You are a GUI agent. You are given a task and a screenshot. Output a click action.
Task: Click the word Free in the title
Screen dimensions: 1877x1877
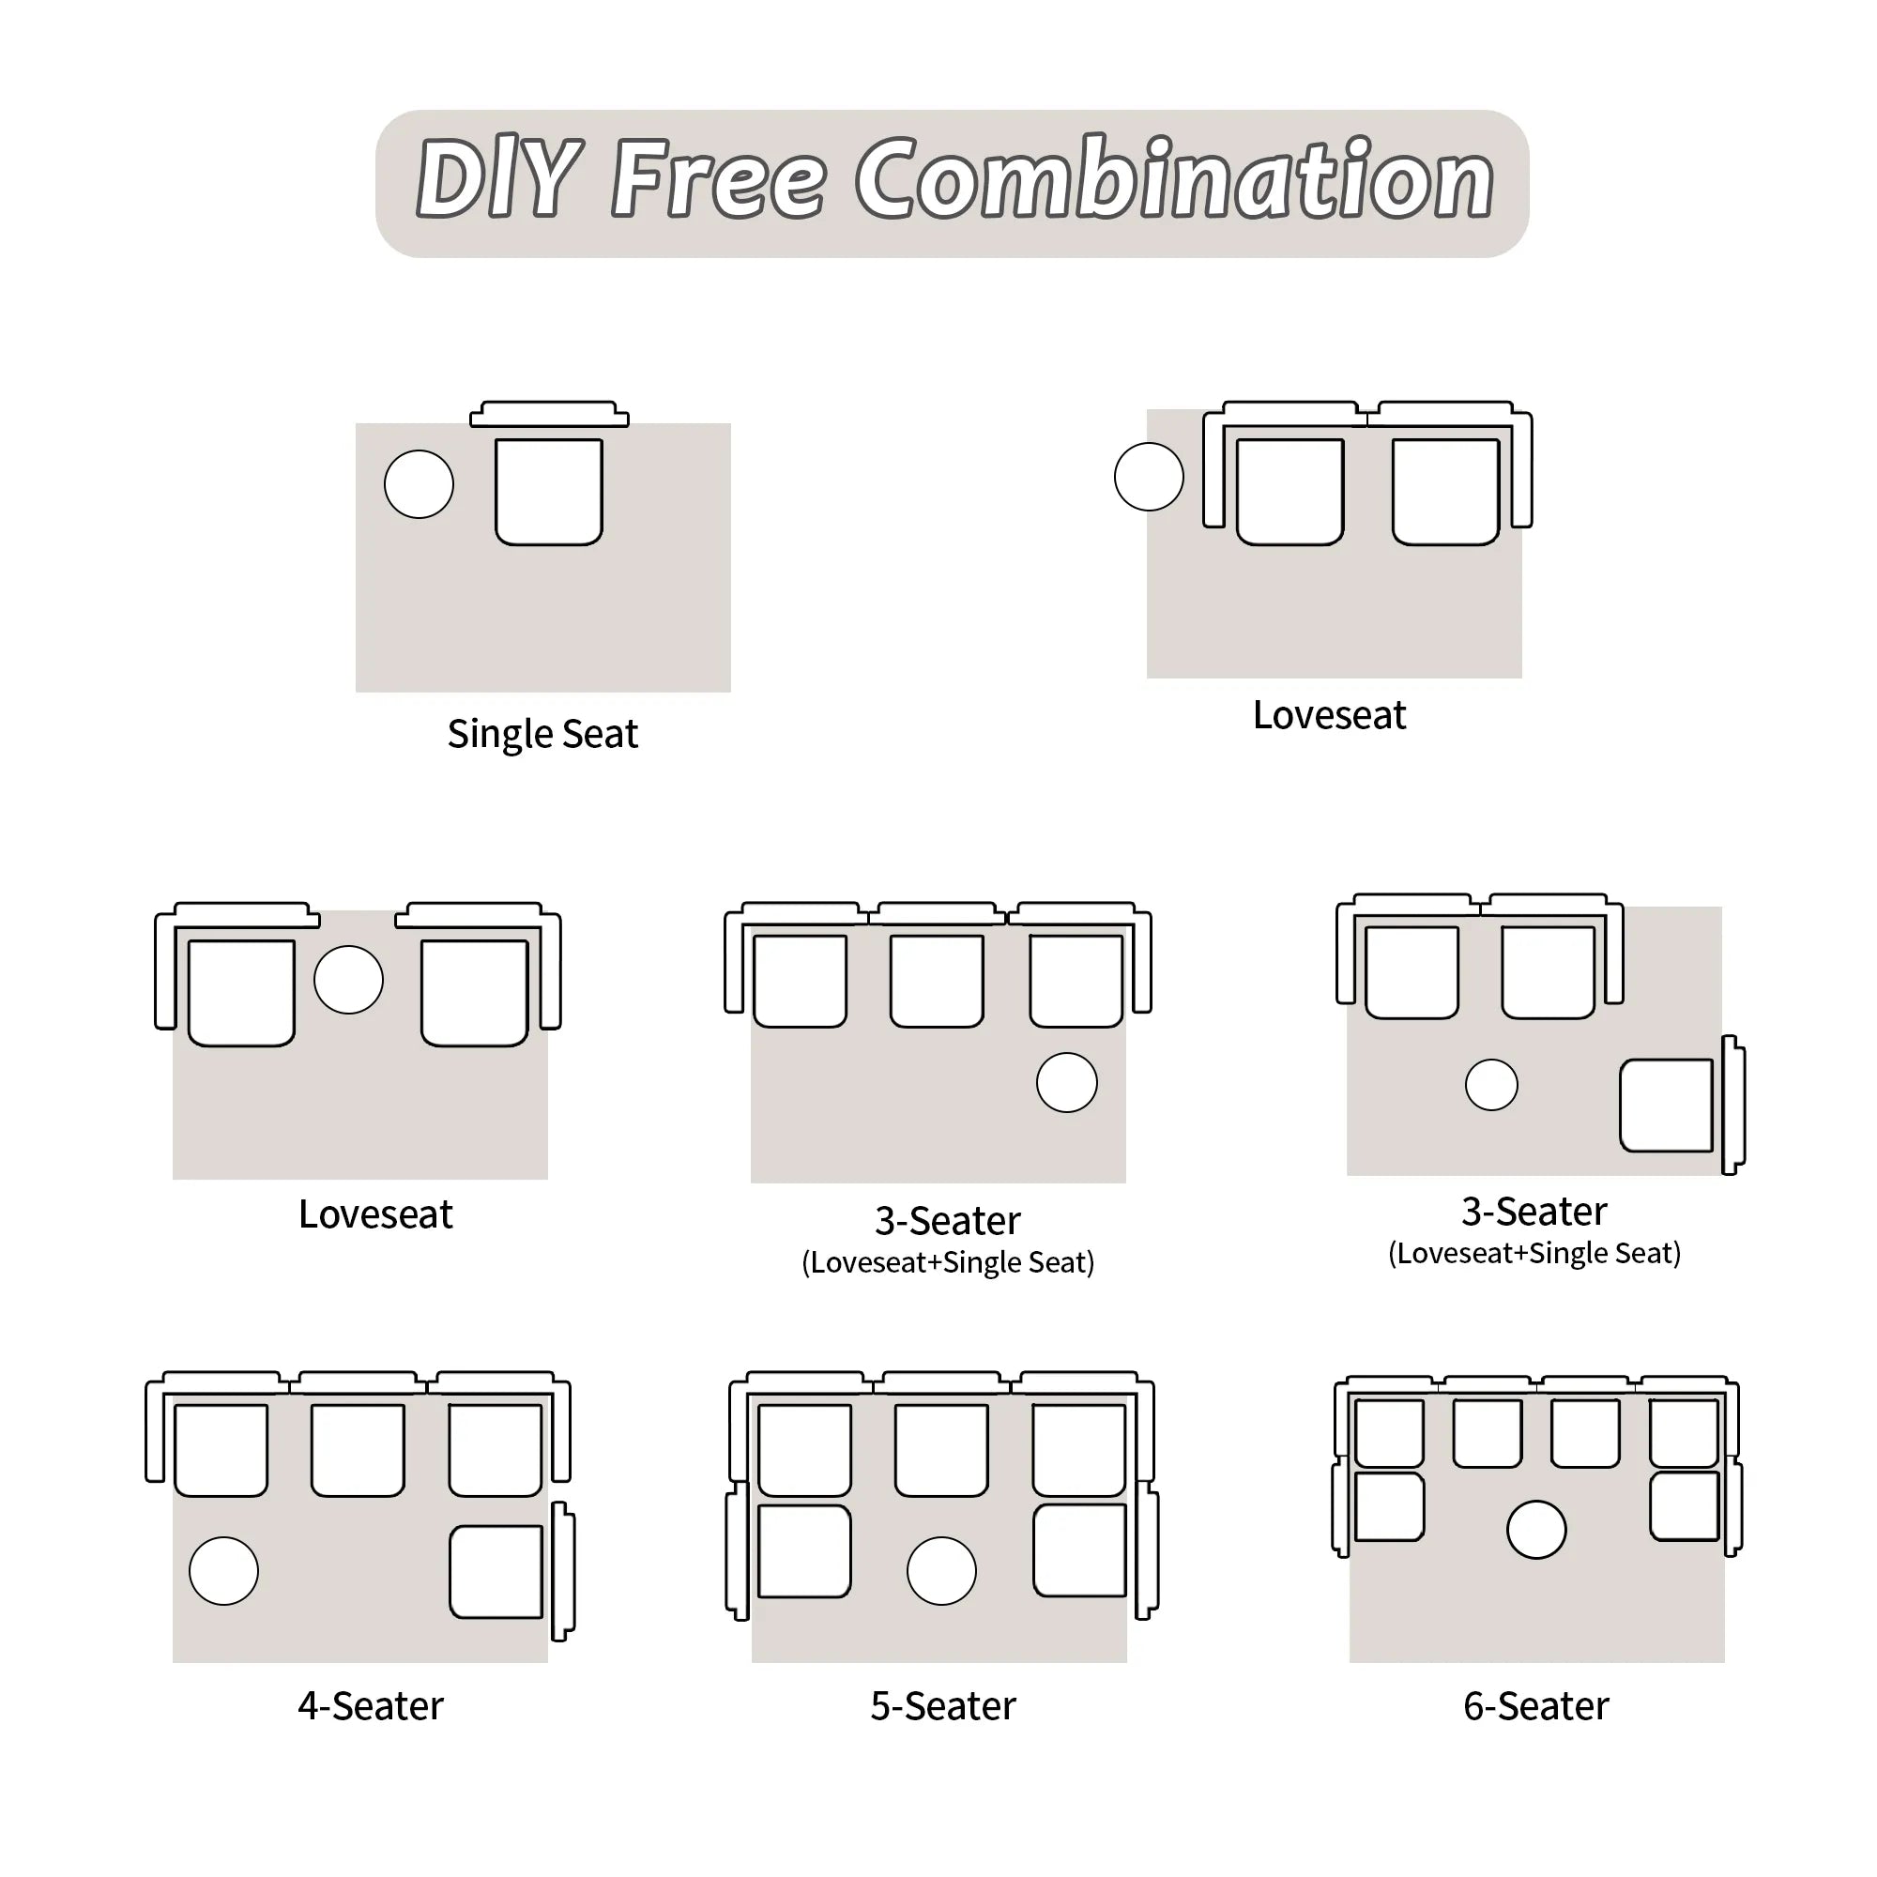click(718, 180)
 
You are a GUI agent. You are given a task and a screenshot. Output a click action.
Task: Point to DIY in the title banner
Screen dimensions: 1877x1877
click(498, 180)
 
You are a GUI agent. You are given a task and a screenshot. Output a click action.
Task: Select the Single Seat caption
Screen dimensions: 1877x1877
click(542, 735)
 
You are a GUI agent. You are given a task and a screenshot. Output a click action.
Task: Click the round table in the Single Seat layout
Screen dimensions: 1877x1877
click(419, 484)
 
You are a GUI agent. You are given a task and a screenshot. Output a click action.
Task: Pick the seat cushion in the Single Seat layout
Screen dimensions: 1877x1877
click(549, 492)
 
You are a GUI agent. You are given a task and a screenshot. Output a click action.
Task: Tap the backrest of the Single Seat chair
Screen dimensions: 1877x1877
click(549, 415)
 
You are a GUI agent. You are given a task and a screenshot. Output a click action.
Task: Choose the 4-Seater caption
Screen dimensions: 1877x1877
click(370, 1706)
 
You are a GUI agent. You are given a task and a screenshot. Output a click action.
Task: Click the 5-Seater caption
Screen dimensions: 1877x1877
click(942, 1706)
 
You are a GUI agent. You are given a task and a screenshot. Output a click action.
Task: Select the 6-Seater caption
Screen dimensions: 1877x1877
click(1536, 1706)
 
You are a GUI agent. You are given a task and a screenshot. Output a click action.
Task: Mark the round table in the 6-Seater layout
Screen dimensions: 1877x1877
click(1536, 1530)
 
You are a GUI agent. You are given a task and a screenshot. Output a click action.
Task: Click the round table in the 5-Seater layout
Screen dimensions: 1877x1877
click(941, 1571)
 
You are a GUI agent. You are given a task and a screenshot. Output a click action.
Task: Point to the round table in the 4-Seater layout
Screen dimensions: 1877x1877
click(223, 1571)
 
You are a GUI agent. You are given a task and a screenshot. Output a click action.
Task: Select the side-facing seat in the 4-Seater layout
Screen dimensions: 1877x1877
click(496, 1572)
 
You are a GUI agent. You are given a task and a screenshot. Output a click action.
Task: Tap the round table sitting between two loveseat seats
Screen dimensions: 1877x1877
click(349, 979)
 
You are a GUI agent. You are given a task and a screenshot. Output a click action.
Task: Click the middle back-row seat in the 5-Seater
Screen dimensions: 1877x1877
click(941, 1450)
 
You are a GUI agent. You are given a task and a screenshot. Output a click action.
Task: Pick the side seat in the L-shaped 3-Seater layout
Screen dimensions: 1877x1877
click(1666, 1106)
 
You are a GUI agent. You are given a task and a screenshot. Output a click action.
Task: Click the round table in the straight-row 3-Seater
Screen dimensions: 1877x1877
click(1067, 1082)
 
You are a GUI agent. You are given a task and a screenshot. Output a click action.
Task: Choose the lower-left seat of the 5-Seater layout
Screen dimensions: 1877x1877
click(804, 1551)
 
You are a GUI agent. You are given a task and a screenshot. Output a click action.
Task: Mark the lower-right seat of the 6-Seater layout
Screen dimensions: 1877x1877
click(1685, 1506)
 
